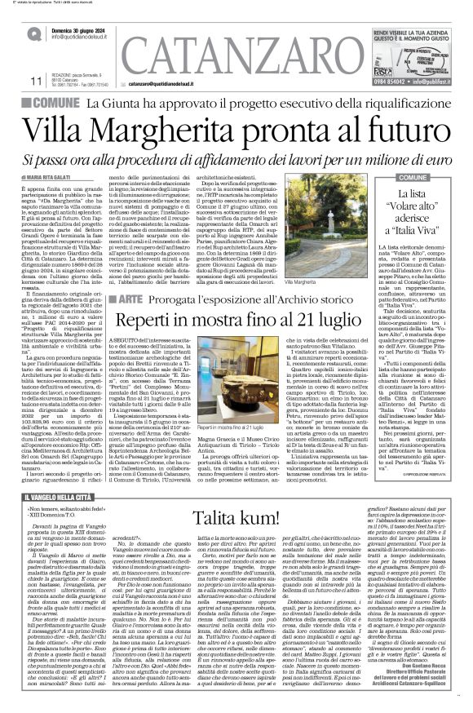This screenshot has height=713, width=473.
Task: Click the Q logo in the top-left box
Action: tap(33, 34)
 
